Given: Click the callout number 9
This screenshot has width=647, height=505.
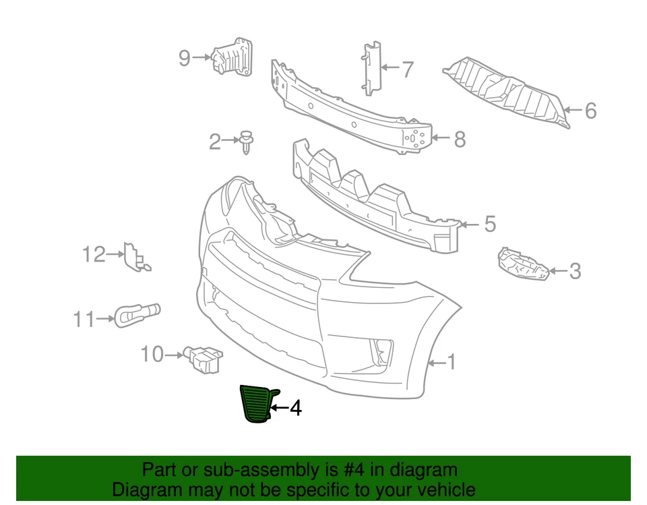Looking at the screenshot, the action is pos(185,59).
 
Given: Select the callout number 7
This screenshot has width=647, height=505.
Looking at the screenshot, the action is pos(407,69).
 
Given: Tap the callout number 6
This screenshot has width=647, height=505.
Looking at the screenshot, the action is pos(590,110).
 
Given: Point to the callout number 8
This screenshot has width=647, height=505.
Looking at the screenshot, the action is pos(460,140).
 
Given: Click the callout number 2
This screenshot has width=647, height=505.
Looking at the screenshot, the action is pos(215,142).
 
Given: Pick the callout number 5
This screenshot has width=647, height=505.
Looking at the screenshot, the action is pos(489,224).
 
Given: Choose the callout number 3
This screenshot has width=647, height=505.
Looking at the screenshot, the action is pos(574,272).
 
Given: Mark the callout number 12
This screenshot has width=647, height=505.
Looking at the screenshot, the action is pos(94,255).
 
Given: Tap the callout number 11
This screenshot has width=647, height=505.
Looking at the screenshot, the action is pos(84,319).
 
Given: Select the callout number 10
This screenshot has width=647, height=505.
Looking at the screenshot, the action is pos(152,353).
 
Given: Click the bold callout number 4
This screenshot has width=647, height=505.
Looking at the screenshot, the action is pos(295,408).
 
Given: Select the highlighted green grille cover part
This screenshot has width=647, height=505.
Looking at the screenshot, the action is pos(256,405).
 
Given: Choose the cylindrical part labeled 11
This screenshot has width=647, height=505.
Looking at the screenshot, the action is pos(137,314).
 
